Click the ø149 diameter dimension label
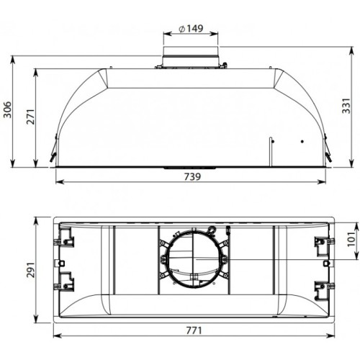click(190, 29)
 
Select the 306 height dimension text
click(8, 109)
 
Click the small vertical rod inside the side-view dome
click(271, 150)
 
